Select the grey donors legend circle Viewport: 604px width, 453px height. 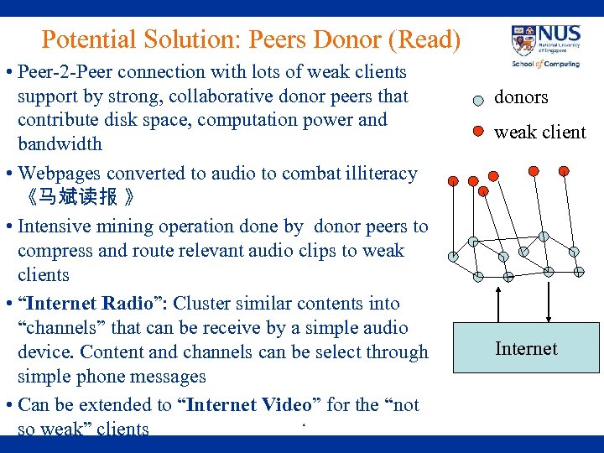click(478, 99)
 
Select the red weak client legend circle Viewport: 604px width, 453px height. click(478, 131)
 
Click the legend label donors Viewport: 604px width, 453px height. click(521, 97)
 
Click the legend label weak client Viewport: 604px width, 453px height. click(539, 132)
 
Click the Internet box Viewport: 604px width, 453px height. click(526, 347)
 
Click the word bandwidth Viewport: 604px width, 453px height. click(60, 144)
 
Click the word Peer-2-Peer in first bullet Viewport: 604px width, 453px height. click(64, 72)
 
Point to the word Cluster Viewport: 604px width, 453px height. click(203, 304)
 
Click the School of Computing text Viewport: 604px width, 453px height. click(545, 64)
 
